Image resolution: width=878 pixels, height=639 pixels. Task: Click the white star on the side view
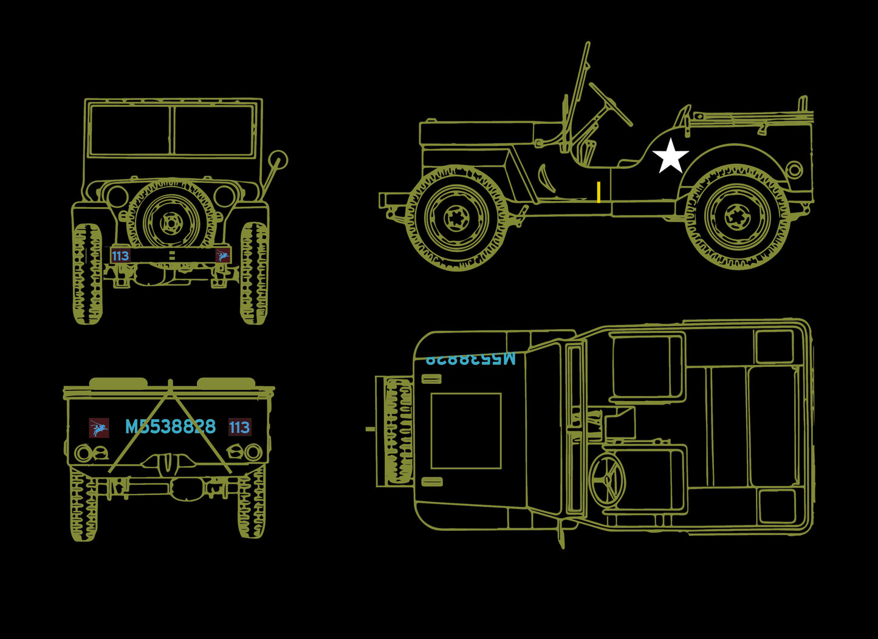click(x=670, y=156)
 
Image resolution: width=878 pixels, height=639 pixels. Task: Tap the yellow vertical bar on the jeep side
click(x=598, y=192)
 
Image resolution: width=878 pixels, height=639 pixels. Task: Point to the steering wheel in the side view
click(x=610, y=104)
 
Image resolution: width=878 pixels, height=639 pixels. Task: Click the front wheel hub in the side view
click(x=457, y=218)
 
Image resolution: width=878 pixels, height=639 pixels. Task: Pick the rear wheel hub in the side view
click(x=738, y=217)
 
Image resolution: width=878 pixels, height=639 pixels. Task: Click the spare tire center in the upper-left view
click(x=171, y=222)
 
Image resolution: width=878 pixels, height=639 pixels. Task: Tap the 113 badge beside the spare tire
click(x=120, y=256)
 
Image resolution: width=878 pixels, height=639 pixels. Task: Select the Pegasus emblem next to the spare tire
click(x=223, y=256)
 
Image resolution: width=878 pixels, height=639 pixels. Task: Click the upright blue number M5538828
click(x=170, y=427)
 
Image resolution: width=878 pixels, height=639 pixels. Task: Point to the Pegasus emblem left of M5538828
click(x=98, y=428)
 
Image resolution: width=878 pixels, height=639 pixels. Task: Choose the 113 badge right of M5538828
click(x=239, y=428)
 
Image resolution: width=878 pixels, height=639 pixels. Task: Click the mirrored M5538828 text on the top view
click(x=470, y=358)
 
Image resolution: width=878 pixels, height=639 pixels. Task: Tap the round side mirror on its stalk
click(x=278, y=160)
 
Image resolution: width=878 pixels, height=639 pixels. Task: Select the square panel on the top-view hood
click(x=466, y=431)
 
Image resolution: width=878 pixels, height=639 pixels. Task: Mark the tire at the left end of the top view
click(x=398, y=431)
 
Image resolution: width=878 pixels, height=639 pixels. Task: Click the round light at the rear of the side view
click(x=794, y=169)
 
